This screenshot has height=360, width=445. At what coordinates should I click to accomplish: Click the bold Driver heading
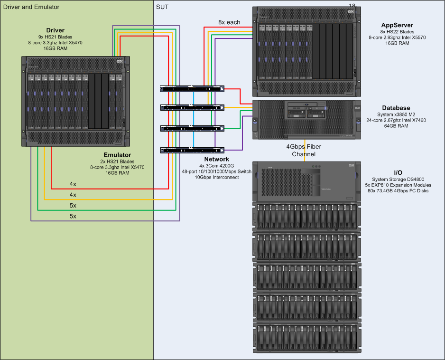[56, 30]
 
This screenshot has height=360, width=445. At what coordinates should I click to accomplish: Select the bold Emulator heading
[117, 155]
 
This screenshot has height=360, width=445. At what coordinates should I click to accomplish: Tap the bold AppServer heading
[397, 25]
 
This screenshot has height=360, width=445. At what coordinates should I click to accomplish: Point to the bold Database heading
[396, 108]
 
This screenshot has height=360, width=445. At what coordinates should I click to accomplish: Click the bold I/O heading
[398, 173]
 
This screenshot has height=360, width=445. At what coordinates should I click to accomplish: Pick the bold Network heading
[216, 159]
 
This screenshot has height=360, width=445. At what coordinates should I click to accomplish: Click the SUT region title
[162, 7]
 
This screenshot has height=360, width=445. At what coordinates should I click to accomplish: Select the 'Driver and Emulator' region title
[31, 7]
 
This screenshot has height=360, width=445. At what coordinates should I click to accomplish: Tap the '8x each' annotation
[229, 22]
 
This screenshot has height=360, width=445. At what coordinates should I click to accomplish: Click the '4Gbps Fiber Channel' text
[304, 150]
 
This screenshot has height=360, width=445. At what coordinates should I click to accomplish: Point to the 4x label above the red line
[73, 184]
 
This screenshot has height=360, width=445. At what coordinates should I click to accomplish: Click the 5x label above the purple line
[73, 216]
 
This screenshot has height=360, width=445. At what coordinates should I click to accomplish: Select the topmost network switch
[192, 89]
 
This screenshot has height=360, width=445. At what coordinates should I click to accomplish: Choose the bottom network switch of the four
[192, 150]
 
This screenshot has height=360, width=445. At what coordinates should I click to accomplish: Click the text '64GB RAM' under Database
[396, 126]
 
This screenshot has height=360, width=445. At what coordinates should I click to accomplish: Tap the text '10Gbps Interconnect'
[216, 177]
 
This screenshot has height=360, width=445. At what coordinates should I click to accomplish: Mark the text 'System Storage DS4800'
[398, 180]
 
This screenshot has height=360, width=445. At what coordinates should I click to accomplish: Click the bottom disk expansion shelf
[307, 338]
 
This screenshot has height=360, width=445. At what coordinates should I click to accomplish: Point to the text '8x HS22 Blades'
[397, 32]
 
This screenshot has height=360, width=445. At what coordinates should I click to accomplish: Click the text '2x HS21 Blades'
[117, 161]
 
